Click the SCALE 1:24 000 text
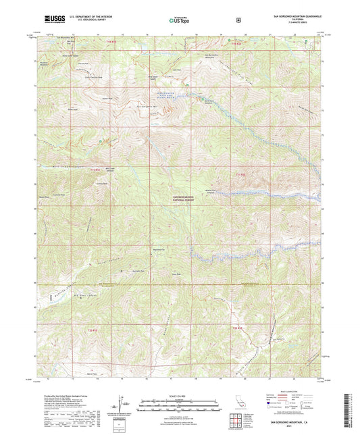point(180,396)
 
